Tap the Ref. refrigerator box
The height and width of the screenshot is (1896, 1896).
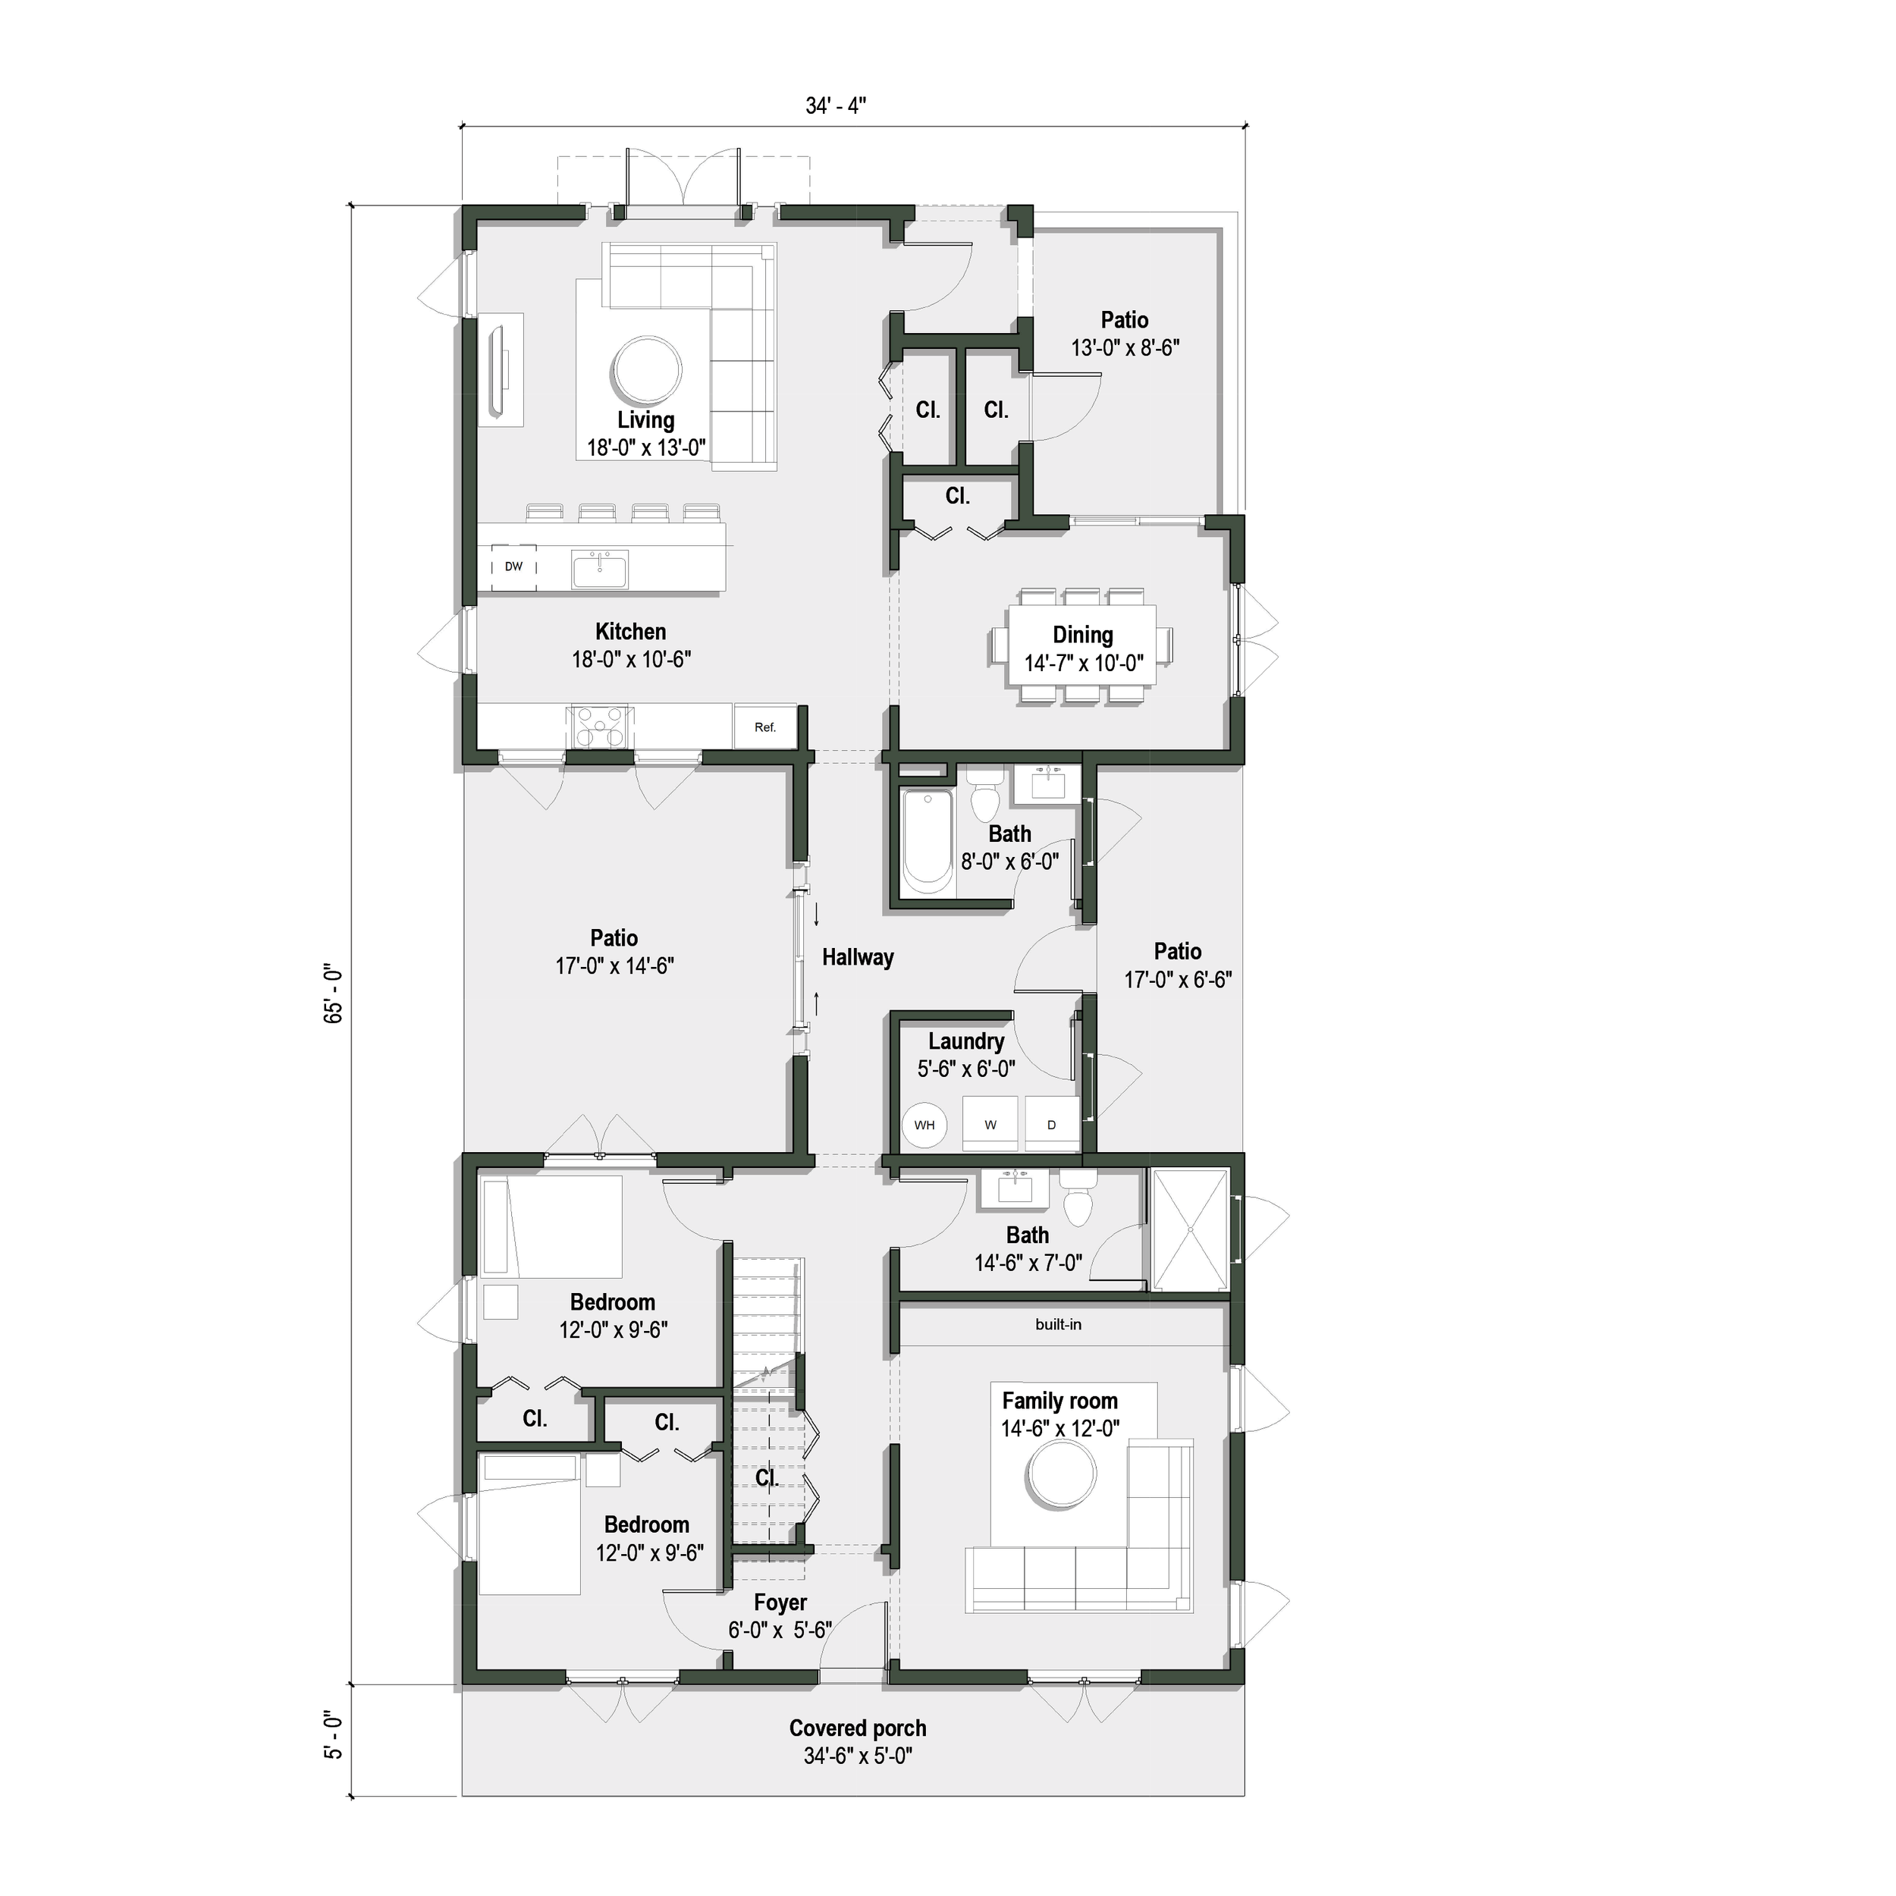click(765, 727)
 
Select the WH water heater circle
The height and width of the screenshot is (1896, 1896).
click(924, 1125)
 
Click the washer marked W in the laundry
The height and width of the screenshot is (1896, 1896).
click(990, 1125)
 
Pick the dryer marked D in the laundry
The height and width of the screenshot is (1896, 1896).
click(1051, 1125)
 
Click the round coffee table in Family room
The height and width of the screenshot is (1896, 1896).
click(1061, 1476)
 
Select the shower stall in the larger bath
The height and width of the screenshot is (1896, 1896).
click(1189, 1229)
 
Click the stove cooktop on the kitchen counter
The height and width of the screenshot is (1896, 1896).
click(598, 728)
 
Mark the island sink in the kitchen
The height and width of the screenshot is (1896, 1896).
click(601, 568)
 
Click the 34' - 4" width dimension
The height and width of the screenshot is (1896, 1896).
click(835, 106)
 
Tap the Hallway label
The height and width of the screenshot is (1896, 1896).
click(858, 958)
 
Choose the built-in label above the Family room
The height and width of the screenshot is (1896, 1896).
click(1058, 1325)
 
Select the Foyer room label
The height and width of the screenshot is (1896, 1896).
click(780, 1602)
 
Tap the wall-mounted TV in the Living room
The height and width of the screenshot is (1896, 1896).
click(498, 369)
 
